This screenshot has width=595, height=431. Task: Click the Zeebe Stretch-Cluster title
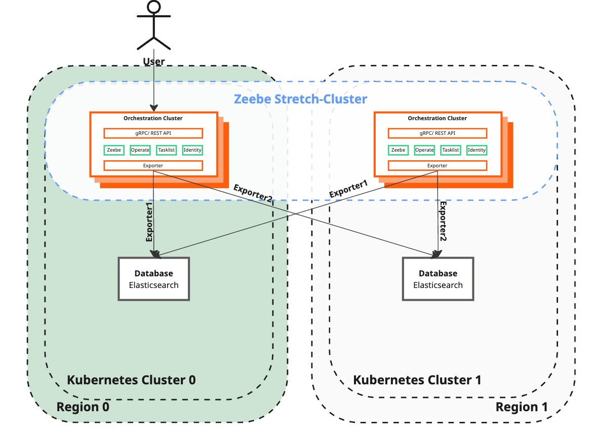click(300, 99)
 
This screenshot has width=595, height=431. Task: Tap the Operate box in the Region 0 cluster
click(140, 150)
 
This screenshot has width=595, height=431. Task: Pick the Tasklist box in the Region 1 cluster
click(450, 150)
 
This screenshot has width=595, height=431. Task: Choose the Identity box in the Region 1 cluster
click(477, 150)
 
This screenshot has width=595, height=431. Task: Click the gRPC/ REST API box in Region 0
click(153, 133)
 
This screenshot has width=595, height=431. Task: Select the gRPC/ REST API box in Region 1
click(438, 133)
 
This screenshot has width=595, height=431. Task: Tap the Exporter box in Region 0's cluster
click(153, 165)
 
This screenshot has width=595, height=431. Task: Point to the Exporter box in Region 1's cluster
click(438, 165)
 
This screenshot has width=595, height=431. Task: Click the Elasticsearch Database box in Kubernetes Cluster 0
click(153, 279)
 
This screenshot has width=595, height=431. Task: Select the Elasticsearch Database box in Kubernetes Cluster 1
click(438, 279)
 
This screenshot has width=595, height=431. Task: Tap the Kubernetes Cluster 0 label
click(131, 380)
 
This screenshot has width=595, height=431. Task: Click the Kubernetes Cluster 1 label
click(417, 380)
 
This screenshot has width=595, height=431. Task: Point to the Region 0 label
click(83, 407)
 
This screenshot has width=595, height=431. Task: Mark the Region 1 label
click(521, 407)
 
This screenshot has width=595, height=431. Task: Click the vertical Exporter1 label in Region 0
click(149, 222)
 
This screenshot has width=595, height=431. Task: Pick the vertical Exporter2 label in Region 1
click(443, 221)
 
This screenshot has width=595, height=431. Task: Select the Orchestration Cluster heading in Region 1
click(438, 118)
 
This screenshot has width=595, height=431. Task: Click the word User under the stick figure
click(153, 62)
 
